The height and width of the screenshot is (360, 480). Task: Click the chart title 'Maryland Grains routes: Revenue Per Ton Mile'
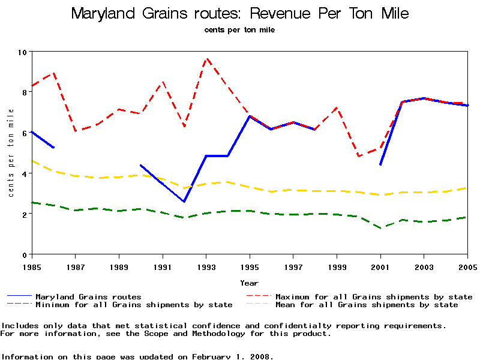click(240, 13)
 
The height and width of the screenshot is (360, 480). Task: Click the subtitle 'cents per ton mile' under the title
click(239, 29)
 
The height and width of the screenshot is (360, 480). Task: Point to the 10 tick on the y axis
click(22, 52)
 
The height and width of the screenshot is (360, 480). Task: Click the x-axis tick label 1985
click(31, 266)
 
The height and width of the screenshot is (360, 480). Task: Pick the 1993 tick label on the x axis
click(206, 266)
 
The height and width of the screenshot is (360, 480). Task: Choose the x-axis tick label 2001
click(380, 266)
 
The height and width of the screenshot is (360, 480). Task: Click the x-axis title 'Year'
click(249, 283)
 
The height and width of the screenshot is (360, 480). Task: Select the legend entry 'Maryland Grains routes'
click(88, 296)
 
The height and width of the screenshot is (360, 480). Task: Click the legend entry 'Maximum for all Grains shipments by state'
click(374, 296)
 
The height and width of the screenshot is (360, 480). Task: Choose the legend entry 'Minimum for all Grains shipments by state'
click(134, 305)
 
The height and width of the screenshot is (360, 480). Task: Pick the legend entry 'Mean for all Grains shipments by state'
click(366, 305)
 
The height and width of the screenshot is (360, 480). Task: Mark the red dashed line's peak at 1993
click(206, 59)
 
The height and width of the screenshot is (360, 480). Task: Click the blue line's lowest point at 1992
click(184, 202)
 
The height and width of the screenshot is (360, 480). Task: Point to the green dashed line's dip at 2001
click(380, 228)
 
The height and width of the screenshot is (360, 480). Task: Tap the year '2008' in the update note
click(261, 356)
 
